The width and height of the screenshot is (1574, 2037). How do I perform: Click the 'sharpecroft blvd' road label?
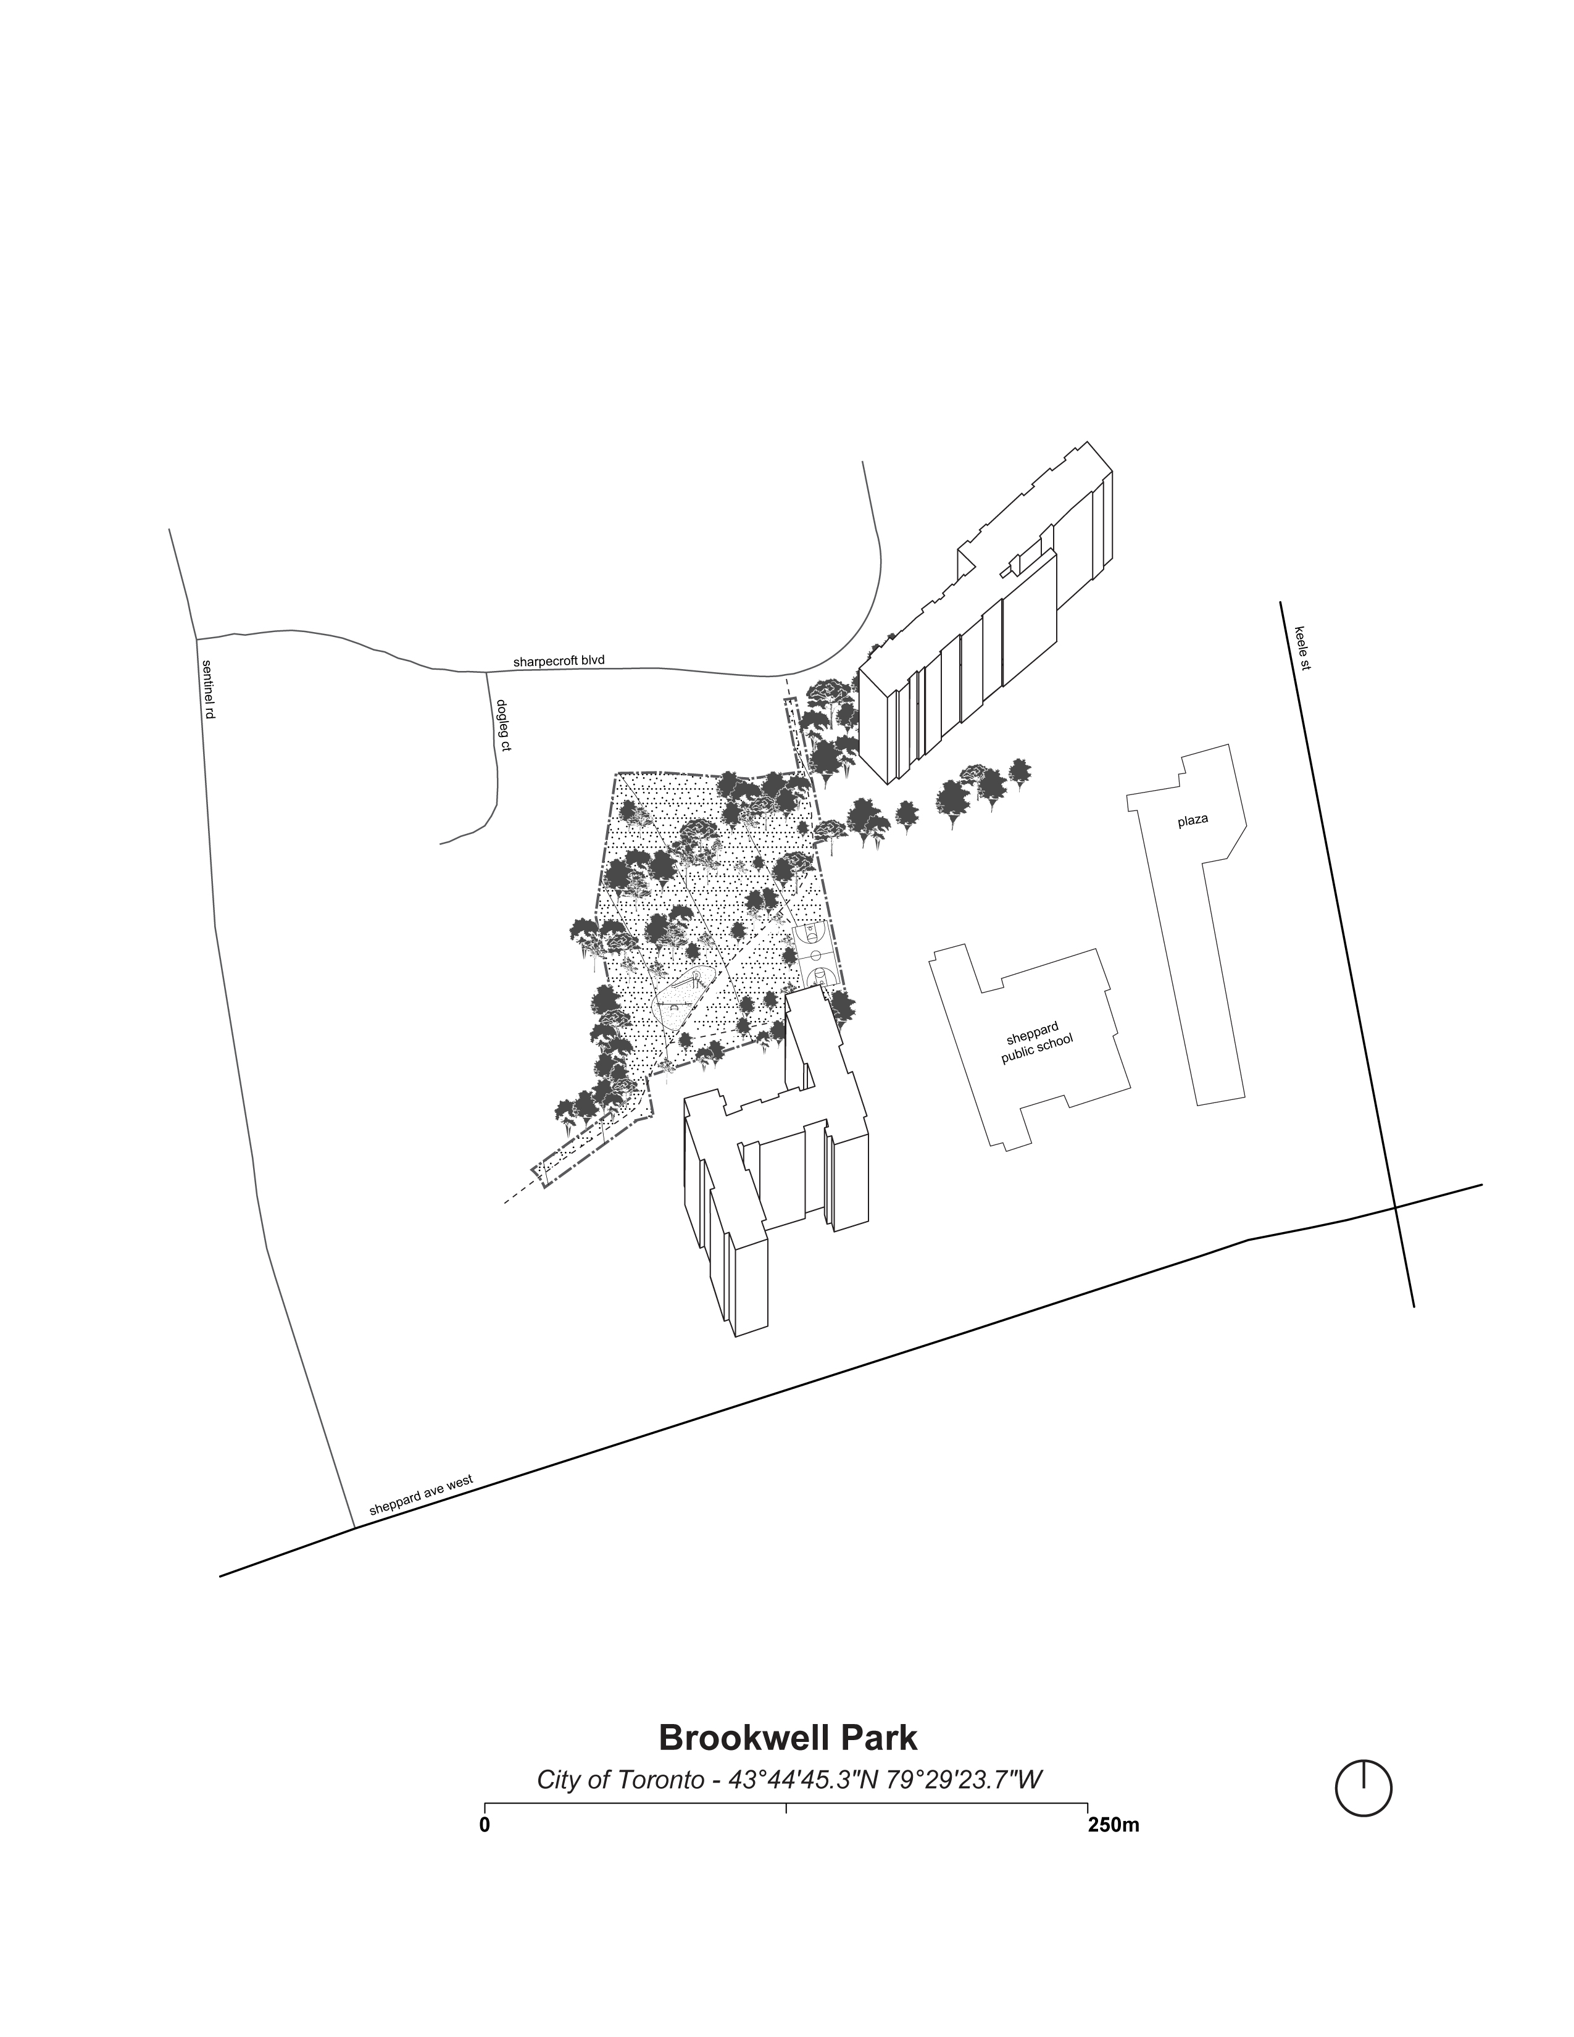[559, 661]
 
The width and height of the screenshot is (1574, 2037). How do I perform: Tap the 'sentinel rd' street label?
[208, 689]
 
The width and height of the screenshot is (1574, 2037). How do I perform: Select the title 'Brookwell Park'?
[788, 1738]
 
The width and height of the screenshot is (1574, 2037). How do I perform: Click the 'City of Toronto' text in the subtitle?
[620, 1780]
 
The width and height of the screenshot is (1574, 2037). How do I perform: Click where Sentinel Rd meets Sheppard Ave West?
[354, 1528]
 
